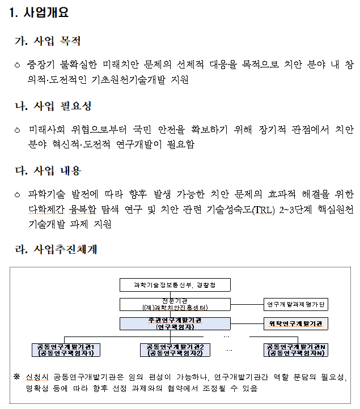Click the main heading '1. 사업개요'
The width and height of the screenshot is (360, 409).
point(39,13)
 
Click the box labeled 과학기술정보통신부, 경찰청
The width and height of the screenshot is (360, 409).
point(175,285)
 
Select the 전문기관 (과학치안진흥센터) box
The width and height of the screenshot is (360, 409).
point(175,304)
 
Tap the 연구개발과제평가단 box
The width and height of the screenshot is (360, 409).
point(295,304)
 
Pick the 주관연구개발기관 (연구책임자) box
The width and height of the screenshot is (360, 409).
point(175,324)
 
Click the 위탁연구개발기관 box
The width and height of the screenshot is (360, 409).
point(295,324)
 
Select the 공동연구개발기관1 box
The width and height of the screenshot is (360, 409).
point(66,350)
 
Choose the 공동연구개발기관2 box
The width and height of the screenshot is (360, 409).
point(175,350)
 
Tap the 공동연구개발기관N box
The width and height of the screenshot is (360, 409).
point(295,350)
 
